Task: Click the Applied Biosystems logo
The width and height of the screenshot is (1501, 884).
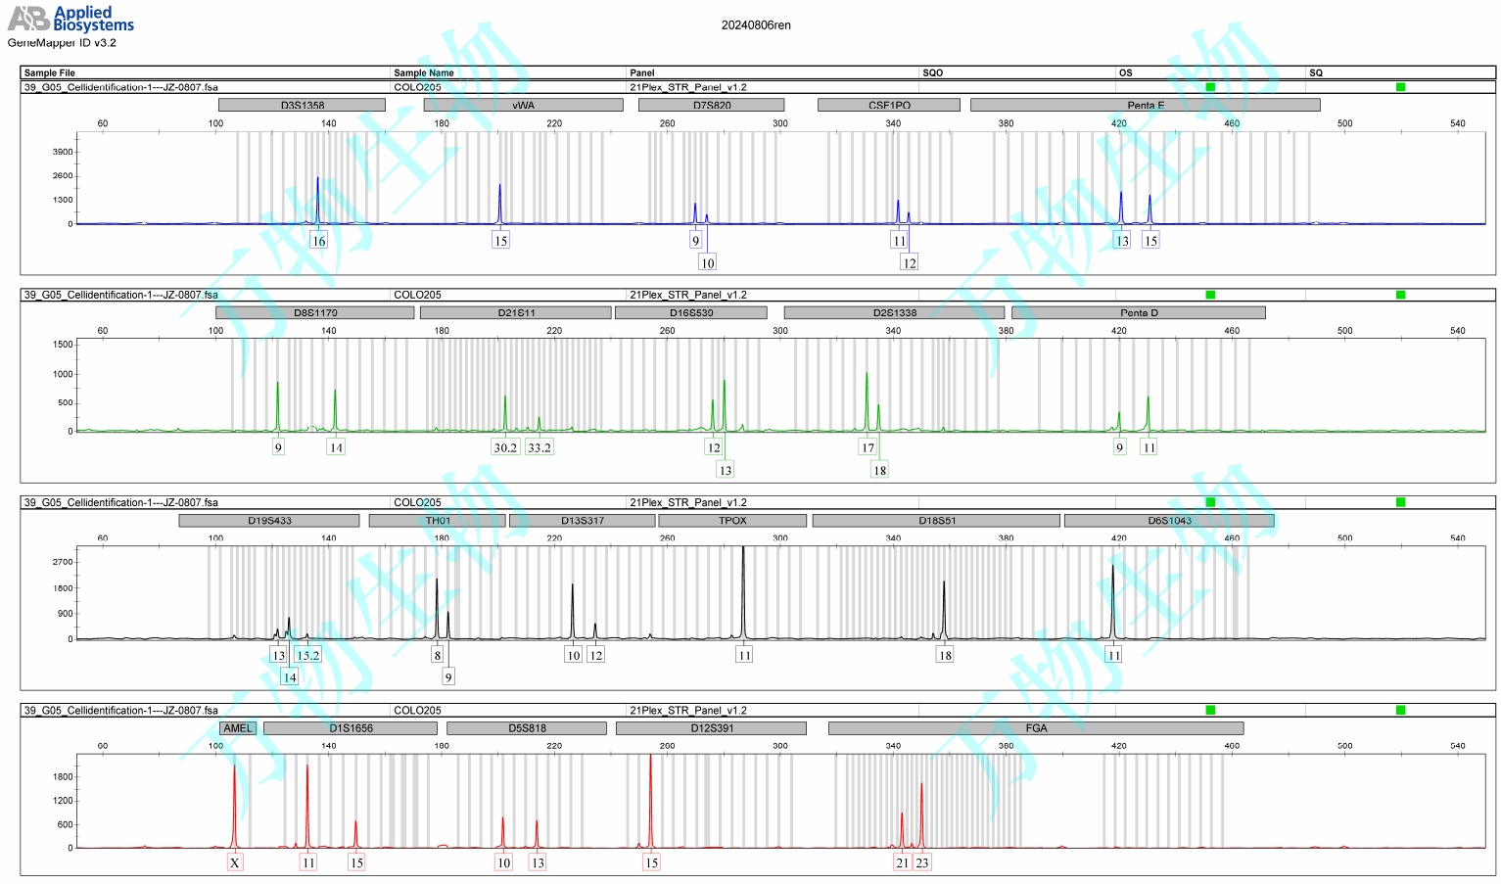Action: [x=70, y=19]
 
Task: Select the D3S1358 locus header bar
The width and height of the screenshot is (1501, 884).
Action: [x=302, y=105]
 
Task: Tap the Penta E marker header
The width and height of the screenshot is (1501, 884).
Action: [x=1145, y=105]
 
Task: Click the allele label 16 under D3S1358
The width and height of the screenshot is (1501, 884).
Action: [x=318, y=241]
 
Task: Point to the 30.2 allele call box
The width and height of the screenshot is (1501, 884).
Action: [x=505, y=447]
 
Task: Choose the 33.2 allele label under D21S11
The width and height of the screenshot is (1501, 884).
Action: [x=539, y=447]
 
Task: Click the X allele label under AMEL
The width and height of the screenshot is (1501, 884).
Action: [x=235, y=862]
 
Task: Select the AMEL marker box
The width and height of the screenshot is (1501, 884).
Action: [x=238, y=728]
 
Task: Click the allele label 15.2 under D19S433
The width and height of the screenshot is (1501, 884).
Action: [x=307, y=655]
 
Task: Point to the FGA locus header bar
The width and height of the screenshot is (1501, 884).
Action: [x=1036, y=728]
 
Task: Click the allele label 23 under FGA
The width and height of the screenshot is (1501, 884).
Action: [x=922, y=862]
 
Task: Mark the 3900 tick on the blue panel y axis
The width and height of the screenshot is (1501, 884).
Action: [x=63, y=152]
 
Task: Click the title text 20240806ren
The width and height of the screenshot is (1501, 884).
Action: [x=756, y=25]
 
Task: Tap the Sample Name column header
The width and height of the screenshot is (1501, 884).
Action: [x=424, y=72]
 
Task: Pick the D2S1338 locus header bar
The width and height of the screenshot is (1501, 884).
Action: [x=894, y=312]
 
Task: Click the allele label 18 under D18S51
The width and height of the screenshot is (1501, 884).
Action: [x=945, y=655]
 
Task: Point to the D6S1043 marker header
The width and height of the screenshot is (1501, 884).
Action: [x=1169, y=521]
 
